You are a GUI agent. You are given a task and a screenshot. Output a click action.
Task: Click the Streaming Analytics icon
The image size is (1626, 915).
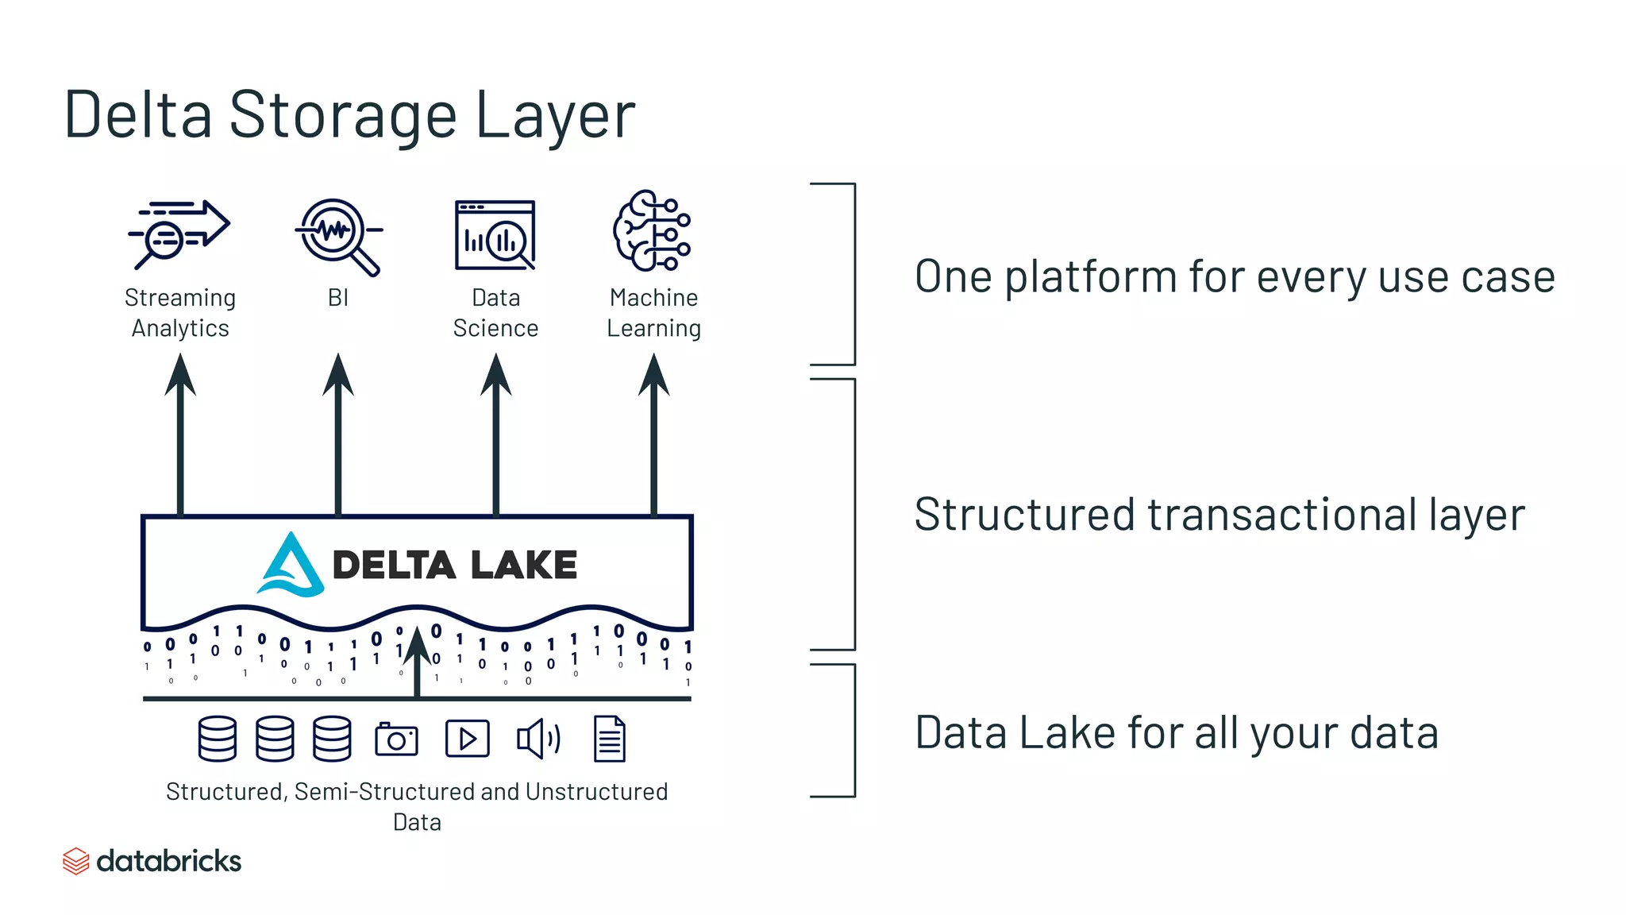coord(179,234)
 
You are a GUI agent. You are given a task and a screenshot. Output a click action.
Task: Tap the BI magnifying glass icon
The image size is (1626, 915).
coord(337,235)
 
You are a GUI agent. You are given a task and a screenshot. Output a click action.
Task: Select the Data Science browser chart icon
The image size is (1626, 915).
coord(495,235)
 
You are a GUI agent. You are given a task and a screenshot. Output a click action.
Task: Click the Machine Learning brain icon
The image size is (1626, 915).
coord(651,230)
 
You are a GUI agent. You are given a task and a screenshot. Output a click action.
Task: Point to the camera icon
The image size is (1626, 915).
coord(396,739)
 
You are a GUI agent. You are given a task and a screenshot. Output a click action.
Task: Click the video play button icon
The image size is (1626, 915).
coord(467,739)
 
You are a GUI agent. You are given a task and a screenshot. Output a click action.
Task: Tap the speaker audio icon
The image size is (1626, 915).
coord(538,739)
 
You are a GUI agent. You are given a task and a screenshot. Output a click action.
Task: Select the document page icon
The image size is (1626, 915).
coord(609,739)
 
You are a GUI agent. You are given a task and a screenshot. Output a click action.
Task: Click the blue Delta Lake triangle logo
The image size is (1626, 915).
coord(291,566)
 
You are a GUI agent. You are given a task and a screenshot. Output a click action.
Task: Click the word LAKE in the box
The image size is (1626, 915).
coord(523,566)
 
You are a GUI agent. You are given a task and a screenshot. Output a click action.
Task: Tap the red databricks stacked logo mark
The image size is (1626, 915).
coord(75,861)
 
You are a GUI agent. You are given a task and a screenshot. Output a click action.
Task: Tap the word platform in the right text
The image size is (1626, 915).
coord(1091,277)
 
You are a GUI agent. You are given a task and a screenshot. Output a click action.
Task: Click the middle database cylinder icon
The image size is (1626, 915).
coord(275,739)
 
